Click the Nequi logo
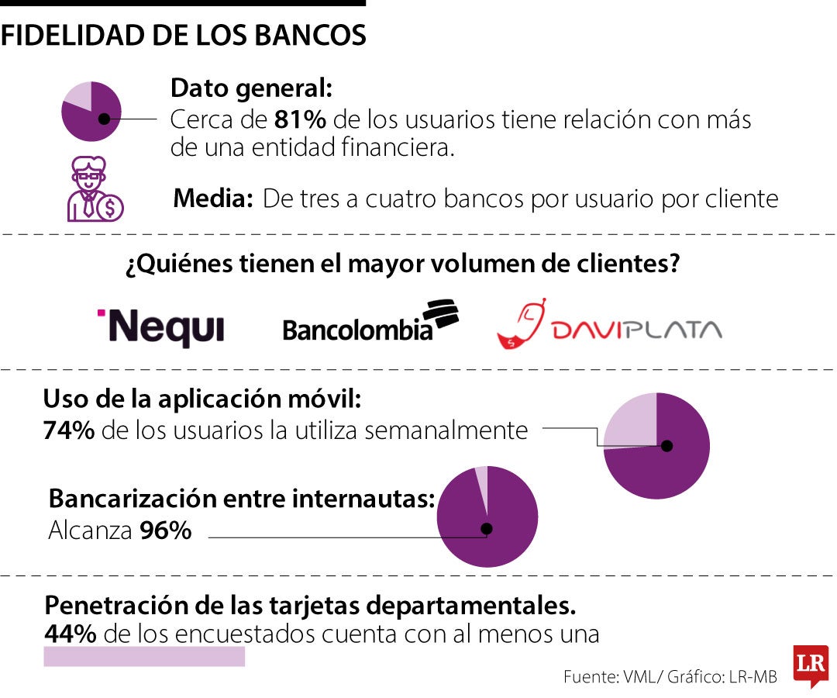tap(160, 327)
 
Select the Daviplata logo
tap(609, 323)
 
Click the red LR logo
tap(811, 665)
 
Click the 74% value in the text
tap(69, 430)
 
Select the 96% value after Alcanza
tap(166, 531)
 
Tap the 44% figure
tap(71, 634)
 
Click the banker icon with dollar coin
tap(93, 190)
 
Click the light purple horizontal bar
tap(144, 657)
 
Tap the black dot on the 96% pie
tap(487, 529)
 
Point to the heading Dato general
tap(251, 88)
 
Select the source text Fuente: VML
tap(610, 676)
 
